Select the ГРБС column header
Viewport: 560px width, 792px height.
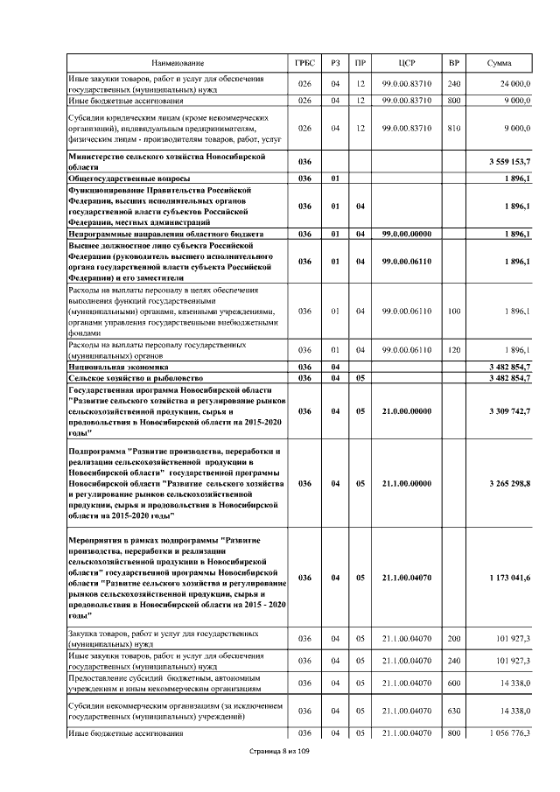point(305,63)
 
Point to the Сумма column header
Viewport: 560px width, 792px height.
point(500,63)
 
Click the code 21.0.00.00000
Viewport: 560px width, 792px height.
point(406,410)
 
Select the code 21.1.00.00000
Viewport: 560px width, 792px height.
point(406,482)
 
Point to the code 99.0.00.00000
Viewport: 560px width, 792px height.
point(406,235)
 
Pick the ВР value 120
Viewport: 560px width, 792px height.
point(453,350)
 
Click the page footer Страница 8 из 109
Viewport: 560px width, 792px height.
point(279,751)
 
